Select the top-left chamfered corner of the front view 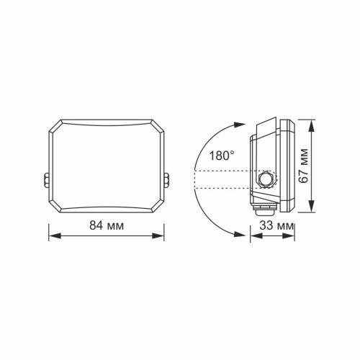[x=55, y=126]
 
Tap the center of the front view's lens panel [x=107, y=165]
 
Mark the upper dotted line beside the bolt [x=223, y=171]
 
